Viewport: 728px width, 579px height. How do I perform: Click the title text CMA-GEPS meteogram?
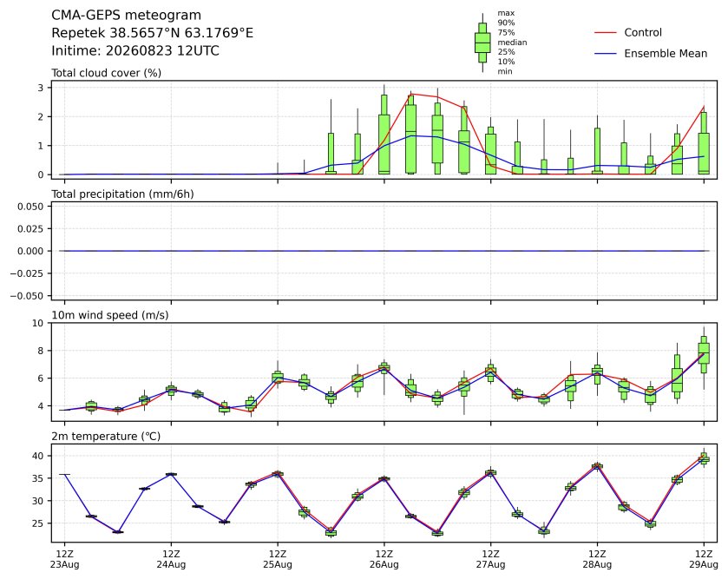tap(127, 16)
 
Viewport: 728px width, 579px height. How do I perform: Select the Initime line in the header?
tap(135, 50)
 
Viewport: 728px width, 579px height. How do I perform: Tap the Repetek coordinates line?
tap(153, 33)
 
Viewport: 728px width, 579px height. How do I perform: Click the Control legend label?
tap(643, 32)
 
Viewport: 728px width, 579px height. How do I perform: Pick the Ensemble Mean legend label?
tap(666, 54)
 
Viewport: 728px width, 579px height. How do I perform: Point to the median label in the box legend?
tap(512, 43)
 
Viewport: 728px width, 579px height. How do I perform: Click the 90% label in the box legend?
tap(506, 23)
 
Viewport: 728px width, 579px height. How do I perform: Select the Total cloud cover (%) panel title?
tap(107, 73)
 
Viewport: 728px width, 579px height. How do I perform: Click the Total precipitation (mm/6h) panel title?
tap(122, 194)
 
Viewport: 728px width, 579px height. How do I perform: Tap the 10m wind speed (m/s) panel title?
tap(110, 315)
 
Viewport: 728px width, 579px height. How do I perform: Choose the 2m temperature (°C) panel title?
tap(106, 437)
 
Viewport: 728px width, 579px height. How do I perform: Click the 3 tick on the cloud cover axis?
tap(41, 88)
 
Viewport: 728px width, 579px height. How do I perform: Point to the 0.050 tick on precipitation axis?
tap(30, 207)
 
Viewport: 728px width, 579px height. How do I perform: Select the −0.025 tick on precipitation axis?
tap(28, 273)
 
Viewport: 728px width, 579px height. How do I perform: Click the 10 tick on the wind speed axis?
tap(38, 323)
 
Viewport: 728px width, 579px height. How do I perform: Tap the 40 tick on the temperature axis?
tap(38, 456)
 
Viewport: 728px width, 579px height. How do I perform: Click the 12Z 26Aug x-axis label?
tap(384, 560)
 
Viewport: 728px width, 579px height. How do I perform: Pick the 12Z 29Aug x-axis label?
tap(704, 560)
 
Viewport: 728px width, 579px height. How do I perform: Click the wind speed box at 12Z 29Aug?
tap(704, 354)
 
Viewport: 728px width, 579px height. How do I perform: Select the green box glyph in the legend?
tap(482, 43)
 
